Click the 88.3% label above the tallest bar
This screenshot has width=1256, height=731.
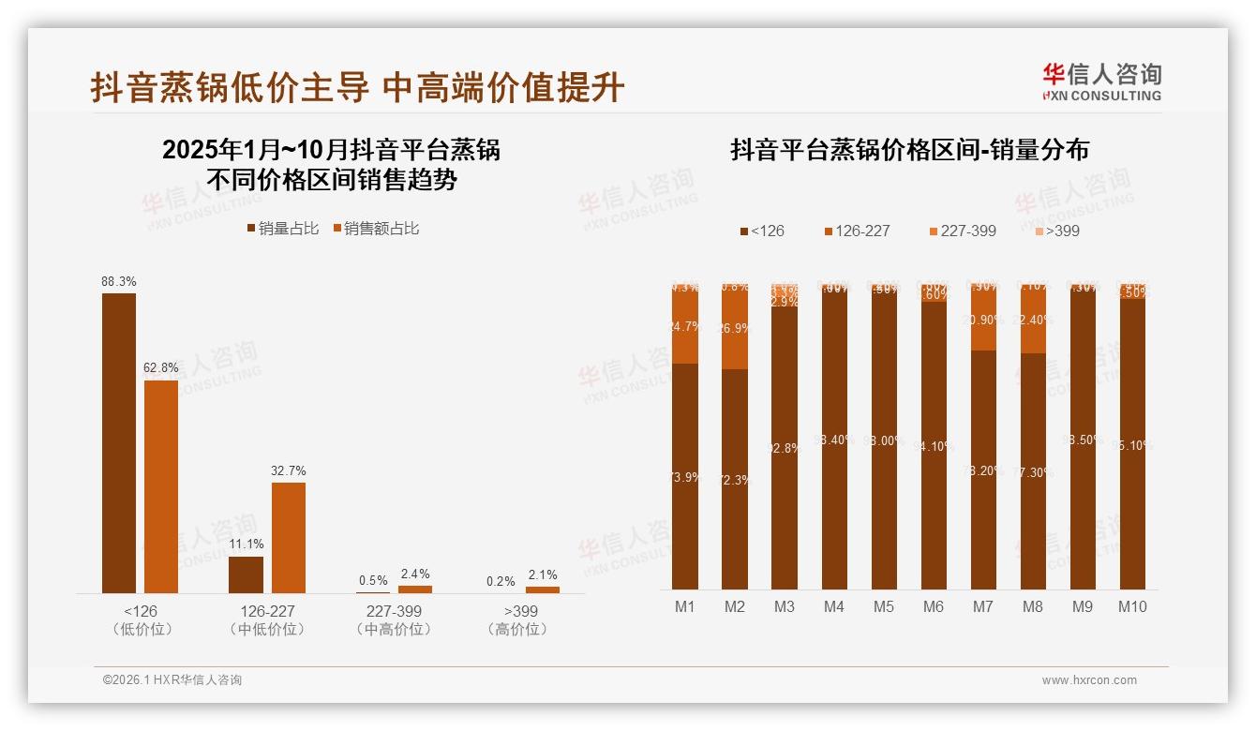pyautogui.click(x=119, y=281)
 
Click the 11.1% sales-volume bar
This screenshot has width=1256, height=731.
pyautogui.click(x=247, y=574)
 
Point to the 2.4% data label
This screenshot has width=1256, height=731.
pyautogui.click(x=415, y=574)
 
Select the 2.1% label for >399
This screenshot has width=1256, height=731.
pyautogui.click(x=543, y=574)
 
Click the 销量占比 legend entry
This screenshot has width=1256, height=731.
pyautogui.click(x=282, y=229)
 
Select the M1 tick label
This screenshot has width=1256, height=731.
pyautogui.click(x=685, y=606)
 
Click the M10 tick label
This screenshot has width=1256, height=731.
pyautogui.click(x=1132, y=606)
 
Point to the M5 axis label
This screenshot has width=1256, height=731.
pyautogui.click(x=884, y=606)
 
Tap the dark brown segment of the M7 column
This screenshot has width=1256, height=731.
pyautogui.click(x=983, y=469)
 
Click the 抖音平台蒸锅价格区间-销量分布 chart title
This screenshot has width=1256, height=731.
pyautogui.click(x=909, y=150)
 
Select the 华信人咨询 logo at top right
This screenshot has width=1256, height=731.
pyautogui.click(x=1101, y=82)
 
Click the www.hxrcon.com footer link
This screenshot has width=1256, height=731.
pyautogui.click(x=1089, y=680)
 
